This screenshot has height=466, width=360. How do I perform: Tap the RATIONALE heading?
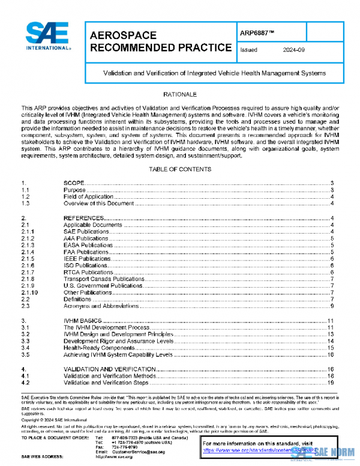point(180,95)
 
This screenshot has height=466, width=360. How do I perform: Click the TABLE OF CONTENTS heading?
point(180,169)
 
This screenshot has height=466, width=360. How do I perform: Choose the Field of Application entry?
point(88,196)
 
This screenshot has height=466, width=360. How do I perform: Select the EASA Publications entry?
point(88,245)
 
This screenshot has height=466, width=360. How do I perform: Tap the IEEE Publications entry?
point(88,258)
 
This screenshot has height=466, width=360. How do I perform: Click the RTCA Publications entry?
point(88,272)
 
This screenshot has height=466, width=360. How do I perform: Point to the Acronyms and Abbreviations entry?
point(100,306)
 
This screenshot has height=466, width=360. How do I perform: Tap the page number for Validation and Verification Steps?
point(330,382)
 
